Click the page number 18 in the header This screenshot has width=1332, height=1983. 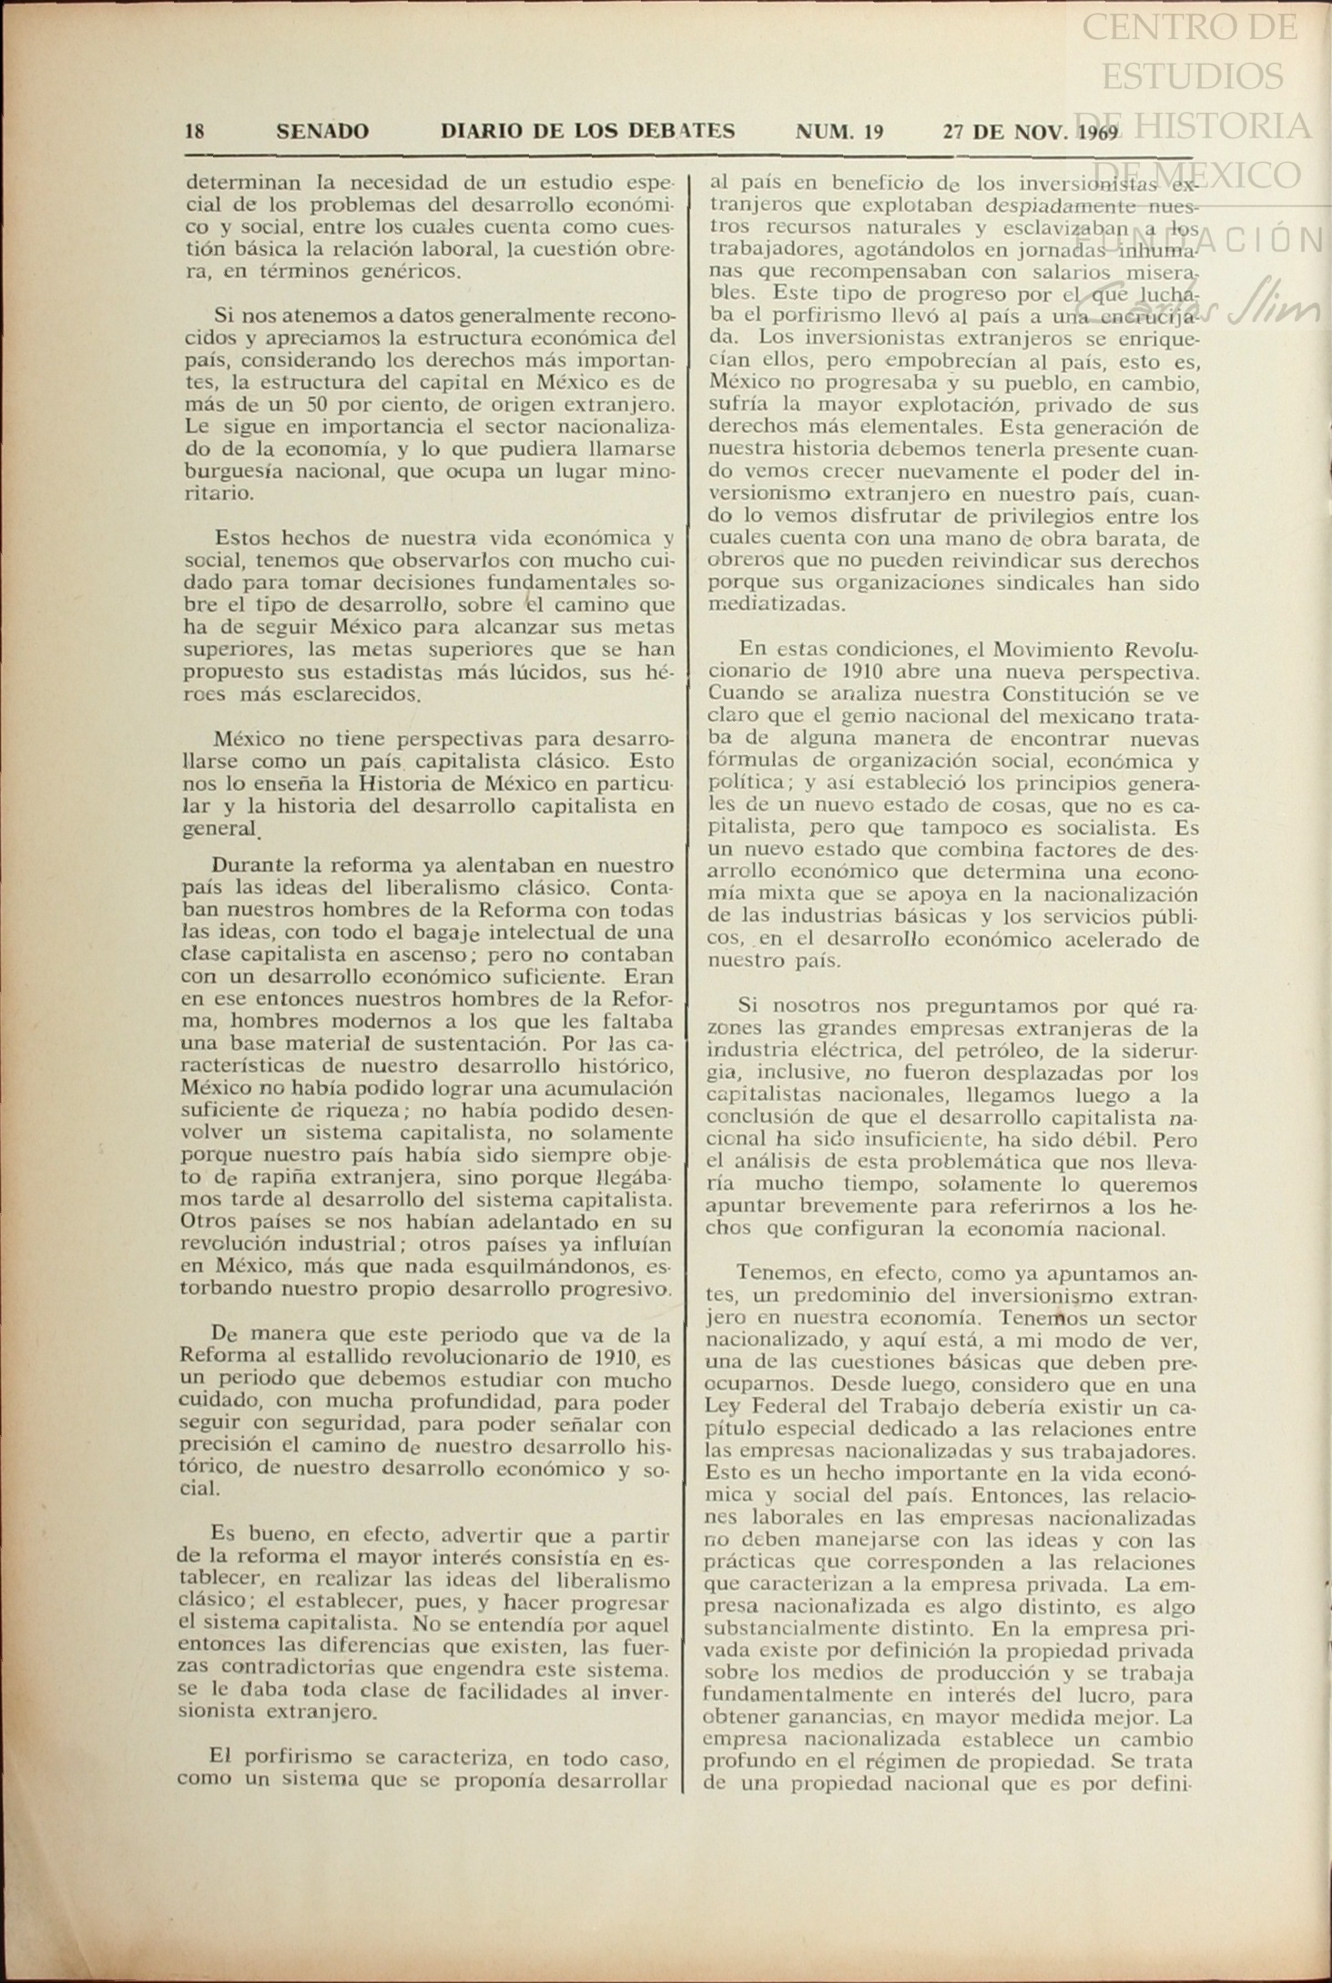pos(194,131)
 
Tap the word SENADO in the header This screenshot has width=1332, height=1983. pos(322,131)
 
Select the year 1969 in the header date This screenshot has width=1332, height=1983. pos(1096,131)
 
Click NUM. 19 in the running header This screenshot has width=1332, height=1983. pos(839,131)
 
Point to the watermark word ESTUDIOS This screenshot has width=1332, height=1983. pos(1192,76)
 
